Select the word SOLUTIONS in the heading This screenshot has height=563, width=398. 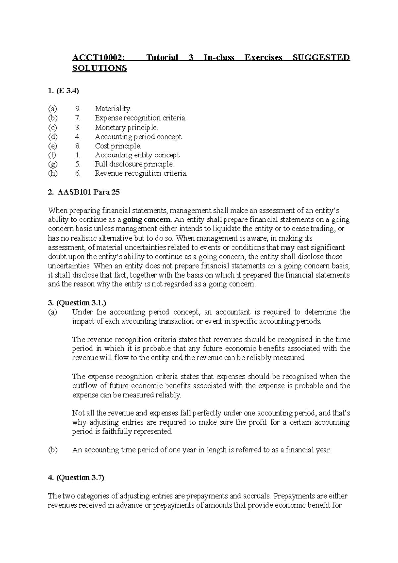99,68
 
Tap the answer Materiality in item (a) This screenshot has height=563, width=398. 113,109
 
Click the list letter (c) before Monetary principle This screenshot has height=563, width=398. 52,127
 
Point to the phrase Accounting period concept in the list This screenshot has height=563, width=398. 139,137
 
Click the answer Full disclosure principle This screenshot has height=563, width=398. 134,164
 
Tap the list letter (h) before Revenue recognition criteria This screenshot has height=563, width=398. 52,173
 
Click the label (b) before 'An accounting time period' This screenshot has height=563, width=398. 52,450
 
